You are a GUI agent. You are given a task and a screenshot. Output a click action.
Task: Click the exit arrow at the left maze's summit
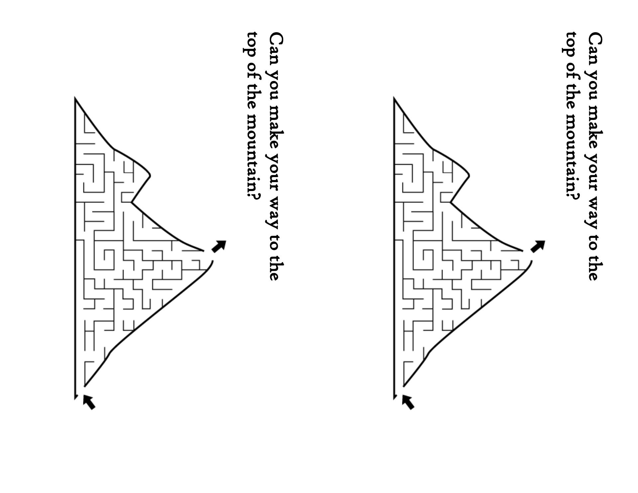(219, 246)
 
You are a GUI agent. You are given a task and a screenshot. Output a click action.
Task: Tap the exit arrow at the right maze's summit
(538, 246)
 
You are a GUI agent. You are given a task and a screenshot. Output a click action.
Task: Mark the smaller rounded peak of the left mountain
(150, 175)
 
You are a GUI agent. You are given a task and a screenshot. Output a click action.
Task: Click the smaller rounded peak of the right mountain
(469, 175)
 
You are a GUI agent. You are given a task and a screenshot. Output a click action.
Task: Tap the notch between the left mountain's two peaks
(132, 202)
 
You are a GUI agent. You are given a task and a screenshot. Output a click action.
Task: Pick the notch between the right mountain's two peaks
(451, 202)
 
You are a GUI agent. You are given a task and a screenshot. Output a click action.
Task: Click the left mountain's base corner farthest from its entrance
(75, 98)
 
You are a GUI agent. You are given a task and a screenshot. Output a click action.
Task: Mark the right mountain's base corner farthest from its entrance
(394, 98)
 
